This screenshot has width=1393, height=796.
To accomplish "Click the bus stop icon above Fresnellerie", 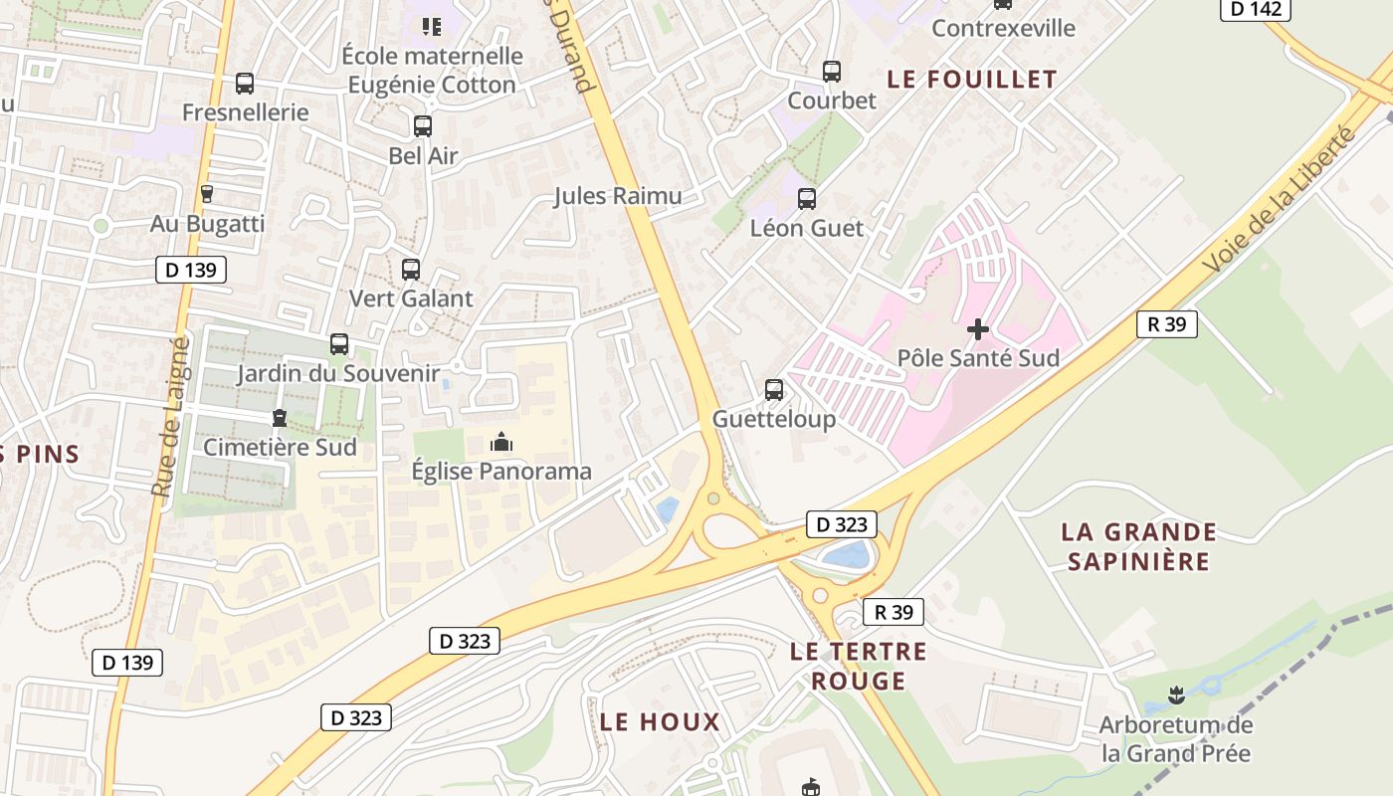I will click(245, 84).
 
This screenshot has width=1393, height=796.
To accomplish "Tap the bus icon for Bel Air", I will click(423, 126).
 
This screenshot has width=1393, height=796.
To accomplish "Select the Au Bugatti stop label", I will click(207, 224).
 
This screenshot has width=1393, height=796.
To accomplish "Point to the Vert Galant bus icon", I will click(410, 269).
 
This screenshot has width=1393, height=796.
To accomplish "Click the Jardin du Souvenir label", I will click(338, 374).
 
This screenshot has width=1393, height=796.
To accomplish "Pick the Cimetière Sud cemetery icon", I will click(279, 419).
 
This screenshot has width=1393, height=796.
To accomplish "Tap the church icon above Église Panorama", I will click(501, 442).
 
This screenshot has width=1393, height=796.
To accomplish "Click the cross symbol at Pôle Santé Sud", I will click(978, 328).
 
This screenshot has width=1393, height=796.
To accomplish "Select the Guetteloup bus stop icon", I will click(774, 390).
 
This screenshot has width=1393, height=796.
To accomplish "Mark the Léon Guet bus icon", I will click(806, 199).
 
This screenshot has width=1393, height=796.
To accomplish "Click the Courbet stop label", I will click(832, 100).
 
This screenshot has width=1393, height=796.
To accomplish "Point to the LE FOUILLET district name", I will click(971, 80).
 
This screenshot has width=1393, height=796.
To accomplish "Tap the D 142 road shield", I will click(1256, 9).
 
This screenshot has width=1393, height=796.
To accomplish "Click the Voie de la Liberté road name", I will click(1279, 199).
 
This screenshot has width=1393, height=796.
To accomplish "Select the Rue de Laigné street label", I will click(170, 416).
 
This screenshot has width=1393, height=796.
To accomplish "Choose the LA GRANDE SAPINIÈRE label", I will click(1138, 546).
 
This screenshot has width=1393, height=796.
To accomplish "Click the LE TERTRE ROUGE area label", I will click(858, 667).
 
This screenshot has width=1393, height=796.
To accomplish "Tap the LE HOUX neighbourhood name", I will click(660, 722).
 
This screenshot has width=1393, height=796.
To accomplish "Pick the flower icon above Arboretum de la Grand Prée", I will click(1175, 694).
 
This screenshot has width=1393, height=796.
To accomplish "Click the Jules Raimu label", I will click(618, 196).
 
